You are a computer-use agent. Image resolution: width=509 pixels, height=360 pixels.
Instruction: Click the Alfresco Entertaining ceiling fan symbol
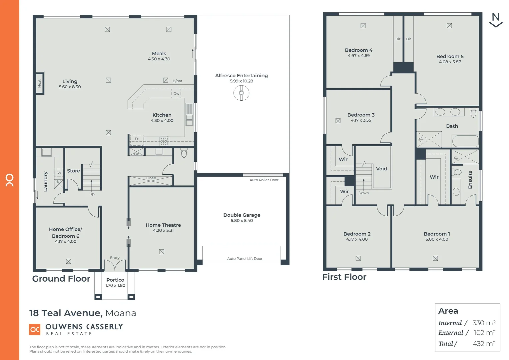[241, 93]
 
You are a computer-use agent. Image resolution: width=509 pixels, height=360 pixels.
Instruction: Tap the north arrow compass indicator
[496, 20]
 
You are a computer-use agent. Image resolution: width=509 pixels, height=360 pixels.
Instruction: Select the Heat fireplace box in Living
[40, 83]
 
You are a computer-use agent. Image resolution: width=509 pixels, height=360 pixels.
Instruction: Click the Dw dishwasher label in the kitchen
[176, 94]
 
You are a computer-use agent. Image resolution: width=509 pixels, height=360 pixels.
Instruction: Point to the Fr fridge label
[137, 139]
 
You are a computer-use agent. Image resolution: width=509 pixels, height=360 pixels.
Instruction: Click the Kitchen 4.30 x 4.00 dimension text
[162, 121]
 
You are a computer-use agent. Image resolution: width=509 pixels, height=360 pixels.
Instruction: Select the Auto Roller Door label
[264, 180]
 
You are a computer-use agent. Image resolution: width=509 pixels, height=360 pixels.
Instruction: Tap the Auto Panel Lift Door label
[245, 259]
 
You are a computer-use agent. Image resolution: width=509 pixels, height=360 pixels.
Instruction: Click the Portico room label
[115, 280]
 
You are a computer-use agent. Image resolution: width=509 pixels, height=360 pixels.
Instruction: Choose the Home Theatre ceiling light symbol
[162, 252]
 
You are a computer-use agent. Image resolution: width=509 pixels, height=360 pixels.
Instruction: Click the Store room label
[73, 171]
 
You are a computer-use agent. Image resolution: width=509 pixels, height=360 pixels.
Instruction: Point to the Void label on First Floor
[381, 169]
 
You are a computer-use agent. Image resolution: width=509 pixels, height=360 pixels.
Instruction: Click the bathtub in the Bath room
[465, 141]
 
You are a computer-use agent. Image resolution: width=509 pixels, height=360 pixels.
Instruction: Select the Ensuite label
[470, 180]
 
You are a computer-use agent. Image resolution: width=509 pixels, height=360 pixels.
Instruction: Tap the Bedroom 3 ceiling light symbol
[338, 121]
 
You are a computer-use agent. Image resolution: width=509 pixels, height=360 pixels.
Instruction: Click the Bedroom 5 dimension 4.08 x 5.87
[450, 62]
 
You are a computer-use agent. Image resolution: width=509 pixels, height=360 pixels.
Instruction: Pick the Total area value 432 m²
[484, 344]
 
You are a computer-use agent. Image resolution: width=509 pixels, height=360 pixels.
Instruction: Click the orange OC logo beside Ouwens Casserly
[35, 329]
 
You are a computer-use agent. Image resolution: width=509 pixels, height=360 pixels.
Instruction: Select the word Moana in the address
[121, 313]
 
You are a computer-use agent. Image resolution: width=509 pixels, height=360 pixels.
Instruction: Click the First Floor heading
[344, 277]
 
